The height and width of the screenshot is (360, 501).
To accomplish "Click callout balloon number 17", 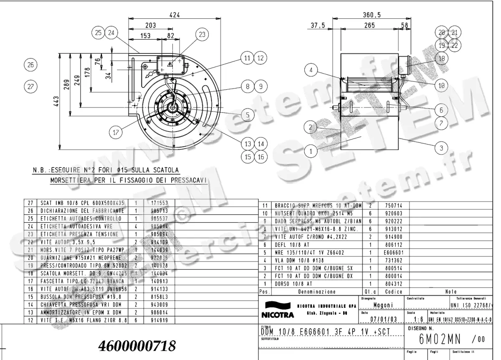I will click(116, 132).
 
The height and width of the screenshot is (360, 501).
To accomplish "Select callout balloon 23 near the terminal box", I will click(202, 35).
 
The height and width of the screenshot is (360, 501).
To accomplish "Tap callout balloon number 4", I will click(311, 71).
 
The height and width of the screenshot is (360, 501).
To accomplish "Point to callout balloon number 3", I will click(441, 147).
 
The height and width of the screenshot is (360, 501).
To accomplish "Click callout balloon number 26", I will click(30, 65).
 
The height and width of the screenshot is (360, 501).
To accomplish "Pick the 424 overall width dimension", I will click(175, 15).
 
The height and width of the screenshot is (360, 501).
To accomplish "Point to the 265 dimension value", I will click(369, 25).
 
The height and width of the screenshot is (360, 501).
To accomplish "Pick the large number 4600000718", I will click(137, 346).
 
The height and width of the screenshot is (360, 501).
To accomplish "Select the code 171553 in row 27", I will click(154, 203).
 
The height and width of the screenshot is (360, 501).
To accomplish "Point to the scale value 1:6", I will click(416, 320).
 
